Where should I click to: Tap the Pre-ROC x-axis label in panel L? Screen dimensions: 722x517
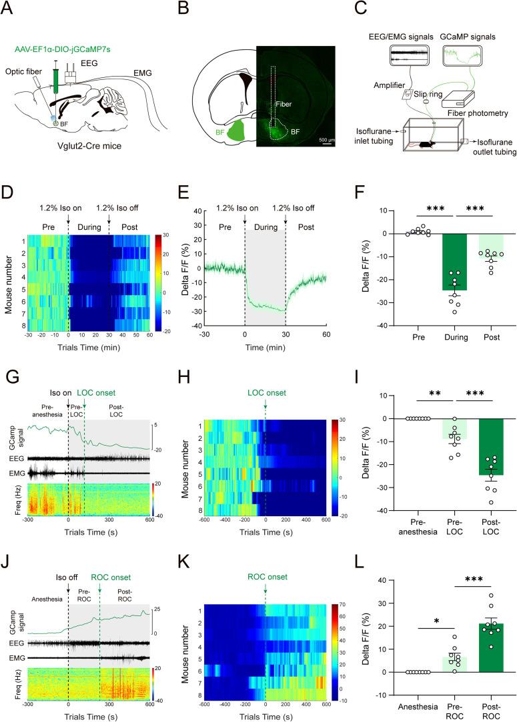[436, 710]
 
